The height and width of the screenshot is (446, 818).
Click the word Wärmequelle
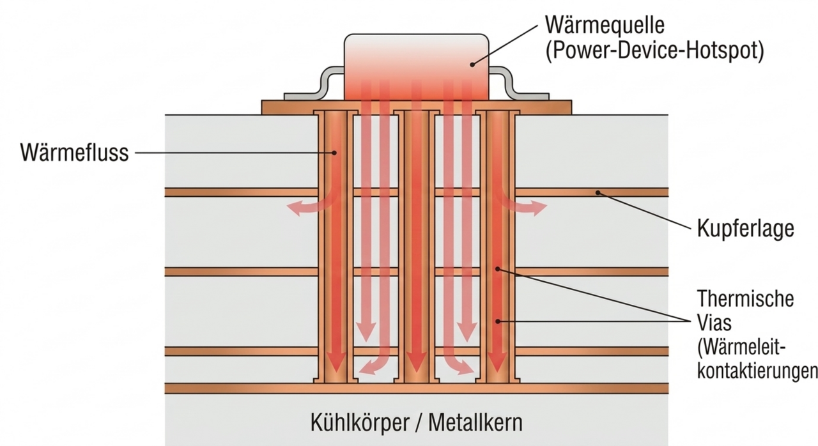[605, 26]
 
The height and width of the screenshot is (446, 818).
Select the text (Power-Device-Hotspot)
[655, 51]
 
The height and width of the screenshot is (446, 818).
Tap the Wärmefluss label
[74, 153]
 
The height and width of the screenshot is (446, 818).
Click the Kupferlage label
[745, 229]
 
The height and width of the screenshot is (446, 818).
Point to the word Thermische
[745, 298]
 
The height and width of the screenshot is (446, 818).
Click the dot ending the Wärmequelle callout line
[472, 63]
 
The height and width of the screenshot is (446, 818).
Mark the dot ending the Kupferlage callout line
[597, 192]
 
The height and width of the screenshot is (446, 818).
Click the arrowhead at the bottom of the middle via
[417, 364]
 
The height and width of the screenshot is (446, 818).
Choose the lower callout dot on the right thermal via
[497, 321]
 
